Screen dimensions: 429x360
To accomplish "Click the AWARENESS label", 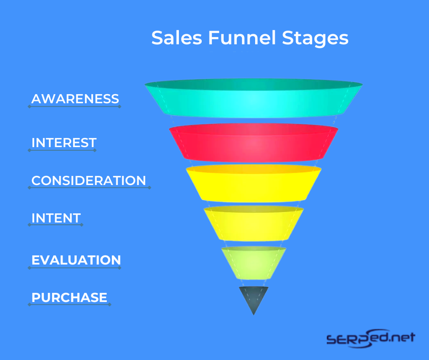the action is (x=75, y=99).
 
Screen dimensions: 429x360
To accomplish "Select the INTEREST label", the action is (x=64, y=143).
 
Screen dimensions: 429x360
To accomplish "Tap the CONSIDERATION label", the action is (x=89, y=180).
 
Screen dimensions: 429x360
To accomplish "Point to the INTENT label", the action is (x=56, y=218).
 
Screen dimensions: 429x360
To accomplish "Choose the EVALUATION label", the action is (x=76, y=260).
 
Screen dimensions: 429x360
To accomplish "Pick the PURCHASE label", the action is (x=69, y=297).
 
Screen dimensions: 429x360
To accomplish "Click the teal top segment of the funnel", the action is (x=254, y=99).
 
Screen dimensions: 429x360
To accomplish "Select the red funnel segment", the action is (x=254, y=143).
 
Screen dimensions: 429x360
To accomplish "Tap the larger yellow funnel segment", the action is (x=254, y=184).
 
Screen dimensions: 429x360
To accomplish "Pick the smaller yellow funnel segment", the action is (x=254, y=223).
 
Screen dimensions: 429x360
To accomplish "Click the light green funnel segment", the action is (x=254, y=263).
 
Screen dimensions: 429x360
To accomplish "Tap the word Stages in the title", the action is (x=315, y=38).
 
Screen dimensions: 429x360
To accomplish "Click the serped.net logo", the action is (x=371, y=339).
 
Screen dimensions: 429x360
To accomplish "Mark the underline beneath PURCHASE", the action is (x=69, y=304).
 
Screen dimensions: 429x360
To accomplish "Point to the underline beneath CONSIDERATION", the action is (x=89, y=188).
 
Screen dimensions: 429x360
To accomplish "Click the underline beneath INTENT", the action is (x=56, y=225).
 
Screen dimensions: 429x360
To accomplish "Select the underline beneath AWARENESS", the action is (x=74, y=106).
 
